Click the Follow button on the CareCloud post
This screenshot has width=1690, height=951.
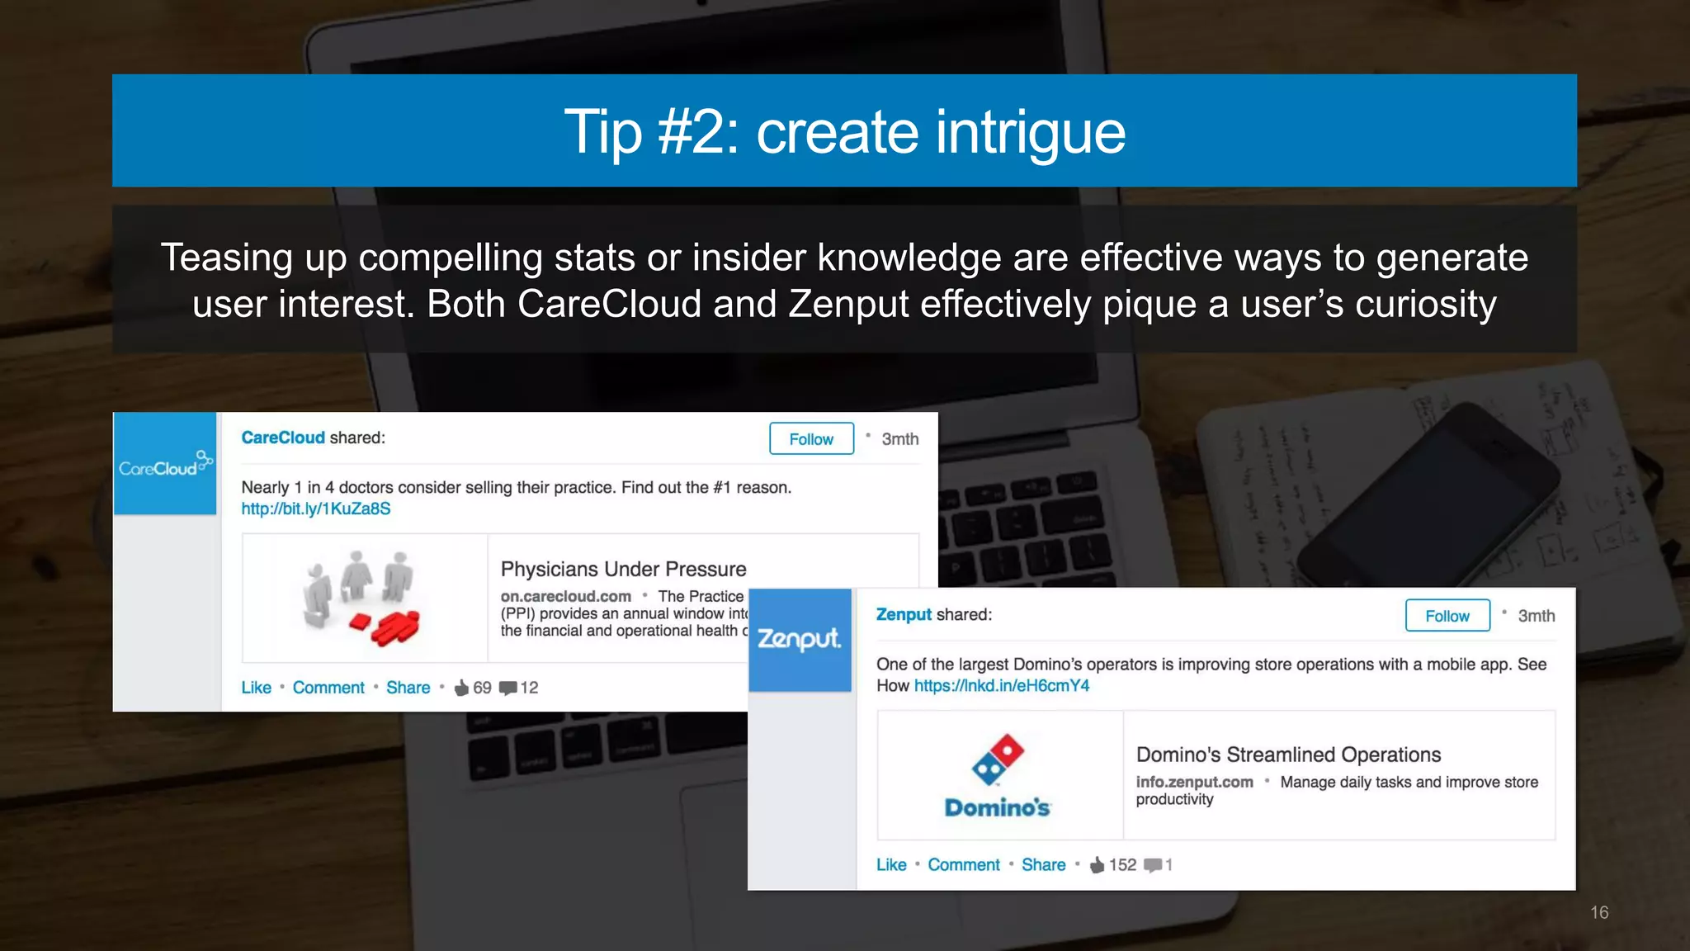(x=811, y=439)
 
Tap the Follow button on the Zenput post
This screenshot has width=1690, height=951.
(x=1447, y=616)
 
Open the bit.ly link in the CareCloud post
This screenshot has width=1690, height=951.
(x=315, y=509)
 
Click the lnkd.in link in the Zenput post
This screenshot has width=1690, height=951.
(x=1001, y=686)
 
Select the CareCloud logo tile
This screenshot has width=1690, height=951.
(x=165, y=464)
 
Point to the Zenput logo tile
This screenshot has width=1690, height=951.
(x=800, y=640)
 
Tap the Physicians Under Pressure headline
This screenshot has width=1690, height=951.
(x=623, y=570)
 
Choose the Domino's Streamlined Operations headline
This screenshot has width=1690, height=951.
(x=1288, y=755)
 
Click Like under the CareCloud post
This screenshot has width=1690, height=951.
(x=256, y=688)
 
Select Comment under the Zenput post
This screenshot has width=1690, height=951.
(x=963, y=865)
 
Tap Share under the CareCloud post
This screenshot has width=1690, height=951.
(x=408, y=688)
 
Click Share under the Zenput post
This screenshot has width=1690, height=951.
(x=1043, y=865)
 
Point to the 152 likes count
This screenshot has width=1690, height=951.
(x=1121, y=865)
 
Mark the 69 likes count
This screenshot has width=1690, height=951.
(x=481, y=688)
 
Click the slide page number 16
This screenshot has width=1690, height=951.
(x=1599, y=912)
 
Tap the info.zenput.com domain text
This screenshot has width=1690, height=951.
(x=1194, y=782)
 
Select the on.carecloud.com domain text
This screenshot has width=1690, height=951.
(x=565, y=596)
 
